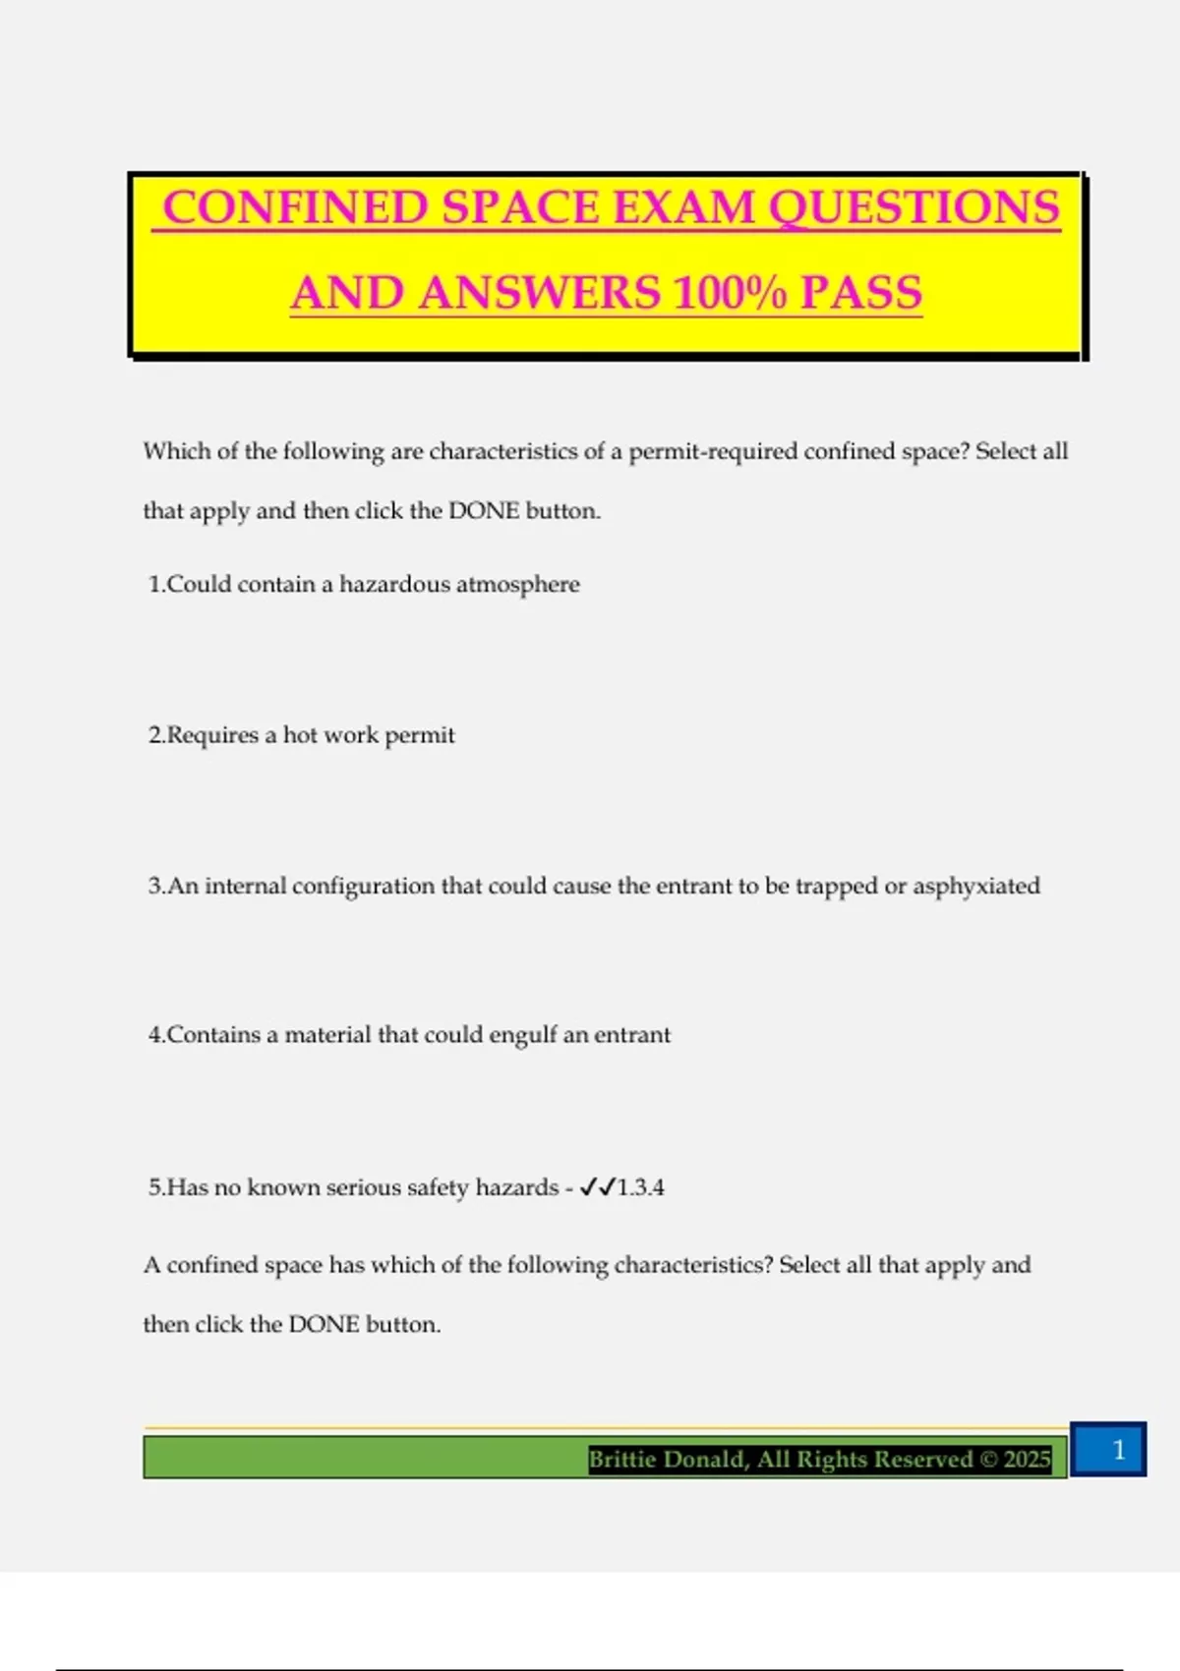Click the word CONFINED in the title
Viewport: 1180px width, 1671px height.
pos(295,208)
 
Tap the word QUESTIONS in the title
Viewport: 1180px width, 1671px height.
pos(914,208)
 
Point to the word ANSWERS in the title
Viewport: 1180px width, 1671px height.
pos(540,293)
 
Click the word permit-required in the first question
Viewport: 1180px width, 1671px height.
pos(713,452)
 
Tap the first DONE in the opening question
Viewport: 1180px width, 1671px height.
pos(484,511)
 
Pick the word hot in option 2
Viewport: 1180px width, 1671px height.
pos(300,735)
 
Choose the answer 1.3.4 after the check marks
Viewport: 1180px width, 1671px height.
pos(641,1187)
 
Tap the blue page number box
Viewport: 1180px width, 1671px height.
pos(1108,1449)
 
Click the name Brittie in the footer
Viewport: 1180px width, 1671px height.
pos(623,1459)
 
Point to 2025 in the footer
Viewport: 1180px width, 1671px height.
pos(1027,1459)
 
